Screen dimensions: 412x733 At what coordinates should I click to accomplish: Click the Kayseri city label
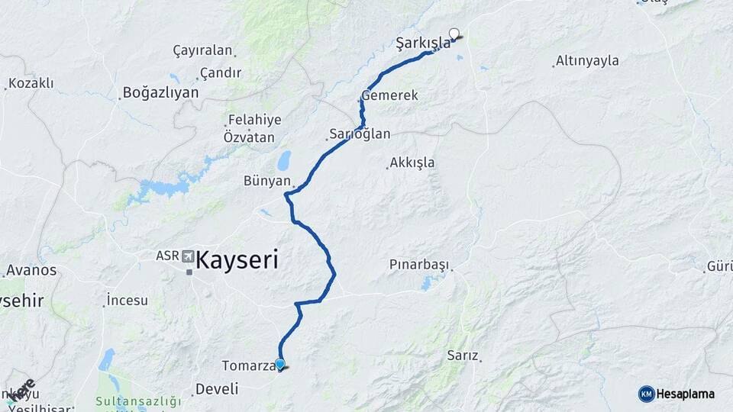point(237,260)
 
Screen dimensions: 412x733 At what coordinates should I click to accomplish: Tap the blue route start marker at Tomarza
point(280,365)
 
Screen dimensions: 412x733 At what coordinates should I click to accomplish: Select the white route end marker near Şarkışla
point(454,34)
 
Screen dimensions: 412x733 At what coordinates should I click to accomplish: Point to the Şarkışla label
point(423,43)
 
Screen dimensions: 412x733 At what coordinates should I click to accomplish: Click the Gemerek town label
point(389,96)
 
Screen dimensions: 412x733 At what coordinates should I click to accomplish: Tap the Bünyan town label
point(267,181)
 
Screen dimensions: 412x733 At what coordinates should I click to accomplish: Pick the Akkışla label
point(412,163)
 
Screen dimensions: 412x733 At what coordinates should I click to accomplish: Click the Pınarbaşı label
point(419,265)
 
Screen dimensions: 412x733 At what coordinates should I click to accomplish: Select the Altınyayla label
point(587,60)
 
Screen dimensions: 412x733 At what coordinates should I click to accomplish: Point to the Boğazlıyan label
point(160,92)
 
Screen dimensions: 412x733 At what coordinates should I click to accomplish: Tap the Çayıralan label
point(202,50)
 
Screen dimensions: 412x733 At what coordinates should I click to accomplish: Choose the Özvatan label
point(248,137)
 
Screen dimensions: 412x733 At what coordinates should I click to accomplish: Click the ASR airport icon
point(188,255)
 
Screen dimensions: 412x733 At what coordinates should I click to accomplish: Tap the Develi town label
point(217,389)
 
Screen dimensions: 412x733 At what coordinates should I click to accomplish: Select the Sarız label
point(463,356)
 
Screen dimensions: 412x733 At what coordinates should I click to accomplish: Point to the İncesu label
point(128,300)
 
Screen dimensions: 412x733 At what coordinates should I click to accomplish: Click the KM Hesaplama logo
point(676,394)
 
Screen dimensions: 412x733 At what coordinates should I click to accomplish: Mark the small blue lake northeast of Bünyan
point(284,160)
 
